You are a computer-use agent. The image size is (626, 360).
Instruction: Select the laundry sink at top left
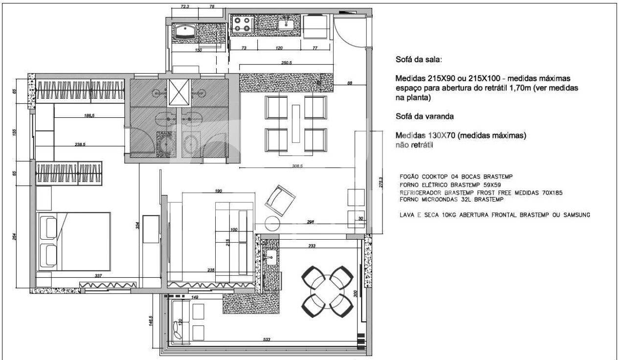pos(185,32)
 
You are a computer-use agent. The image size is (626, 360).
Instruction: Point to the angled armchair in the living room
pos(280,200)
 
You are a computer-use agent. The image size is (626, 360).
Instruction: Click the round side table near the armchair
pos(272,224)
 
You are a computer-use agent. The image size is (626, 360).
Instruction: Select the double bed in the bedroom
pos(73,243)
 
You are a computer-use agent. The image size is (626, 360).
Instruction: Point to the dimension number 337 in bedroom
pos(98,276)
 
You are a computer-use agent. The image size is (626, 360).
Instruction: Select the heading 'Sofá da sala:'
pos(418,60)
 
